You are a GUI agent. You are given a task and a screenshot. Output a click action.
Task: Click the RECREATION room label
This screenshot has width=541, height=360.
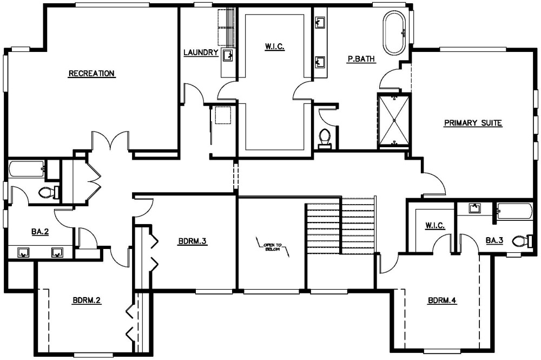(91, 74)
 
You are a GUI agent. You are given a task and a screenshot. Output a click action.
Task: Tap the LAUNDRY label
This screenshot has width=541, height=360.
(201, 53)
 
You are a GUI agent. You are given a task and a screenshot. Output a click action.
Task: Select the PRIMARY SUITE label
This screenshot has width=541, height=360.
(473, 123)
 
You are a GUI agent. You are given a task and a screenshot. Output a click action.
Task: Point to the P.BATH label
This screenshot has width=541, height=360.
(361, 60)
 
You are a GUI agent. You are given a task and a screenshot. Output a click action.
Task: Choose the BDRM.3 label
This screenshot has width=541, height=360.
(193, 241)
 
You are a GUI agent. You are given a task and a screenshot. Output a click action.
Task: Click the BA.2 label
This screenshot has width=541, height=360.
(40, 232)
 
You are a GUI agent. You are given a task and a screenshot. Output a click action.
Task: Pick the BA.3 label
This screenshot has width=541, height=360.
(494, 240)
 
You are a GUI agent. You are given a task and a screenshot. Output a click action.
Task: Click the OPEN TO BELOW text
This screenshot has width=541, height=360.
(273, 247)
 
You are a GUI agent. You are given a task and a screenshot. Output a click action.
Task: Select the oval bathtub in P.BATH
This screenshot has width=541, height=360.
(395, 33)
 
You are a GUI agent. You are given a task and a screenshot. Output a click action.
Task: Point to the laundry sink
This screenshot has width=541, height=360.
(228, 55)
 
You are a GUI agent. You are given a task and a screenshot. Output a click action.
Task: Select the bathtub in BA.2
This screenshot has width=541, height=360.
(27, 169)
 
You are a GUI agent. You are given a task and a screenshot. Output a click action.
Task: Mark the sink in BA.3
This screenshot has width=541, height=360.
(475, 208)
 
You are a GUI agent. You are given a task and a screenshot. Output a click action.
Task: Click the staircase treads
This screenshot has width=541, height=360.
(340, 226)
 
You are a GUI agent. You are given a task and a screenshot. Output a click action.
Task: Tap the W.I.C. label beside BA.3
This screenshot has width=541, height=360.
(435, 226)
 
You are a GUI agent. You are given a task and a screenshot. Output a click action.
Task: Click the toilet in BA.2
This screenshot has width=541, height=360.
(48, 192)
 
